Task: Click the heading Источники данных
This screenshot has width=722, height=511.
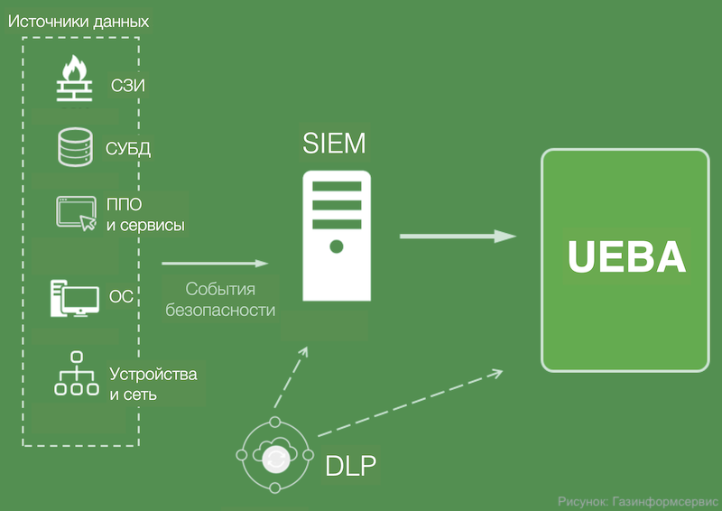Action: (79, 22)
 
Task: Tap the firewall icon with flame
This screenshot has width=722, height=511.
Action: (75, 79)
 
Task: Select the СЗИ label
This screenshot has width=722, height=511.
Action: (128, 85)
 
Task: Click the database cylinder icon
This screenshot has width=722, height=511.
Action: (75, 147)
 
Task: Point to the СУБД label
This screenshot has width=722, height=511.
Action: (128, 148)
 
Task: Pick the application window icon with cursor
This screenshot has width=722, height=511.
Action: (77, 213)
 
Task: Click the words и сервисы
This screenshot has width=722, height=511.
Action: (145, 226)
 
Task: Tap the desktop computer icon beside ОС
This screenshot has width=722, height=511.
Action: (75, 298)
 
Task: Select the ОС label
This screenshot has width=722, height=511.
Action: (121, 296)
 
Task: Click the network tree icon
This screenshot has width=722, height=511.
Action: (77, 374)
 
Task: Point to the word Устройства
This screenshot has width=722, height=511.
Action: (153, 374)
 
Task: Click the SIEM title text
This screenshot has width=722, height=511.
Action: (334, 143)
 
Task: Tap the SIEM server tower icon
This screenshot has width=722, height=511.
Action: (337, 236)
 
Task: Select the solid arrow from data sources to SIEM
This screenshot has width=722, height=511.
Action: (215, 264)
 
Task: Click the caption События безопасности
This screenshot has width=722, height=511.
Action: (220, 300)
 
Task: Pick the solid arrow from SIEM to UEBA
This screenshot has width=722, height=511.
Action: (458, 237)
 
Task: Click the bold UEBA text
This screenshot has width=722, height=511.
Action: (626, 256)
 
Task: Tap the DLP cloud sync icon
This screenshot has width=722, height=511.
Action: (275, 455)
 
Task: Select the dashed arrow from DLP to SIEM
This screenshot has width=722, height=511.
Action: (291, 378)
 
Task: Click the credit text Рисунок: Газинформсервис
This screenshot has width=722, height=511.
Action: (638, 501)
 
